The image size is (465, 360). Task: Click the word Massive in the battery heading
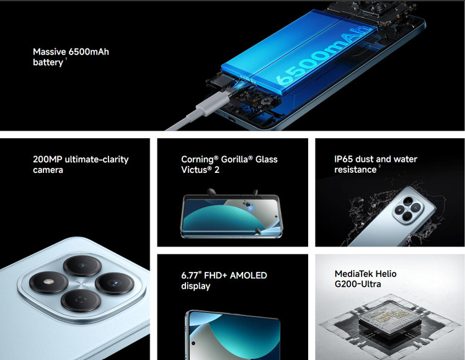pyautogui.click(x=49, y=52)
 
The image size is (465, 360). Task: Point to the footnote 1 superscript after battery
pyautogui.click(x=66, y=59)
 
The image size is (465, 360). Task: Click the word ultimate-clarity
pyautogui.click(x=97, y=159)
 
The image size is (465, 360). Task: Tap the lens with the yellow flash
pyautogui.click(x=49, y=282)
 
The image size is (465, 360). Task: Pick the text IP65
pyautogui.click(x=343, y=159)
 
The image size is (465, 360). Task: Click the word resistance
pyautogui.click(x=355, y=170)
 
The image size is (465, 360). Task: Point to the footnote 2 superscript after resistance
pyautogui.click(x=379, y=166)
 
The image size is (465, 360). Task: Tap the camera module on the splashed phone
pyautogui.click(x=407, y=210)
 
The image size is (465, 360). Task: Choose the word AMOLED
pyautogui.click(x=249, y=276)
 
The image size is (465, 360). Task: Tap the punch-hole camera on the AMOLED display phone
pyautogui.click(x=193, y=343)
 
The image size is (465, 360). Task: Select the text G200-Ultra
pyautogui.click(x=358, y=284)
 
